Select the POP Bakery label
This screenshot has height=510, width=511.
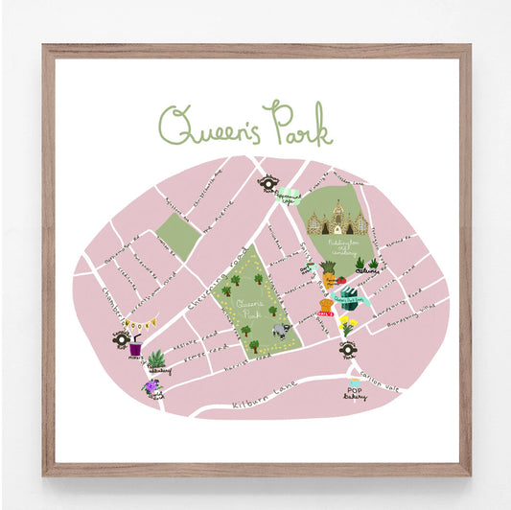(x=355, y=393)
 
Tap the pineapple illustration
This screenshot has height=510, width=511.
(x=329, y=274)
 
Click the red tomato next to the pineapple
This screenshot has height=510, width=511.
(x=340, y=280)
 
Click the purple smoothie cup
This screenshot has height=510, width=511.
(x=135, y=350)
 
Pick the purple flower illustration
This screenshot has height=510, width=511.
(x=151, y=387)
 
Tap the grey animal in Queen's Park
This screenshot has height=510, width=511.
(x=280, y=328)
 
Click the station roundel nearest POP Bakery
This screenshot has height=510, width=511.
(x=347, y=350)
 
